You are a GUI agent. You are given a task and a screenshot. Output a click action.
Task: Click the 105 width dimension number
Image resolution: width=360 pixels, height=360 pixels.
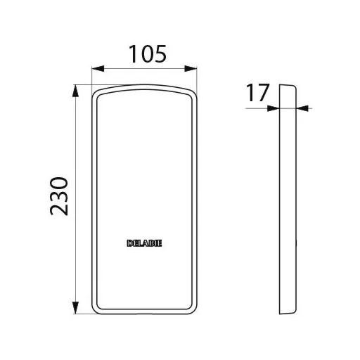click(148, 54)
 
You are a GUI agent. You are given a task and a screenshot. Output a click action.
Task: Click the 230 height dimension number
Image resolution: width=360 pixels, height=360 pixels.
click(59, 196)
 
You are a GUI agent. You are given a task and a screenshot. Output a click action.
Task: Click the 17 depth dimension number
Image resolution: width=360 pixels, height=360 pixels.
click(257, 92)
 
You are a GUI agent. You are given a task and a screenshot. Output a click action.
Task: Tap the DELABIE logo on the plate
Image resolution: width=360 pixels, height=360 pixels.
click(144, 243)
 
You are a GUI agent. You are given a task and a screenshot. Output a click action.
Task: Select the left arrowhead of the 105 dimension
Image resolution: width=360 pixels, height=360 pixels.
click(98, 69)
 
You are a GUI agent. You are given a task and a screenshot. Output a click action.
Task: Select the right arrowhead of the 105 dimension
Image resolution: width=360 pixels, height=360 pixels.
click(191, 69)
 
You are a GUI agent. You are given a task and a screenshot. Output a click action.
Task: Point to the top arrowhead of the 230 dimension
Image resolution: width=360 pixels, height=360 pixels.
click(75, 91)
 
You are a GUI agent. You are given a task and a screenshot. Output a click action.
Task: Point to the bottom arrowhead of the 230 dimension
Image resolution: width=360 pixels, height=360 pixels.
click(75, 307)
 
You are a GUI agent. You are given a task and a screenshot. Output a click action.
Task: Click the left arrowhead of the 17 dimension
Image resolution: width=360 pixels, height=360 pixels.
click(274, 108)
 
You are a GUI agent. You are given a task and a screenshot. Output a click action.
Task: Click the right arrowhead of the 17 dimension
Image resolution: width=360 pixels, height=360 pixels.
click(302, 108)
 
